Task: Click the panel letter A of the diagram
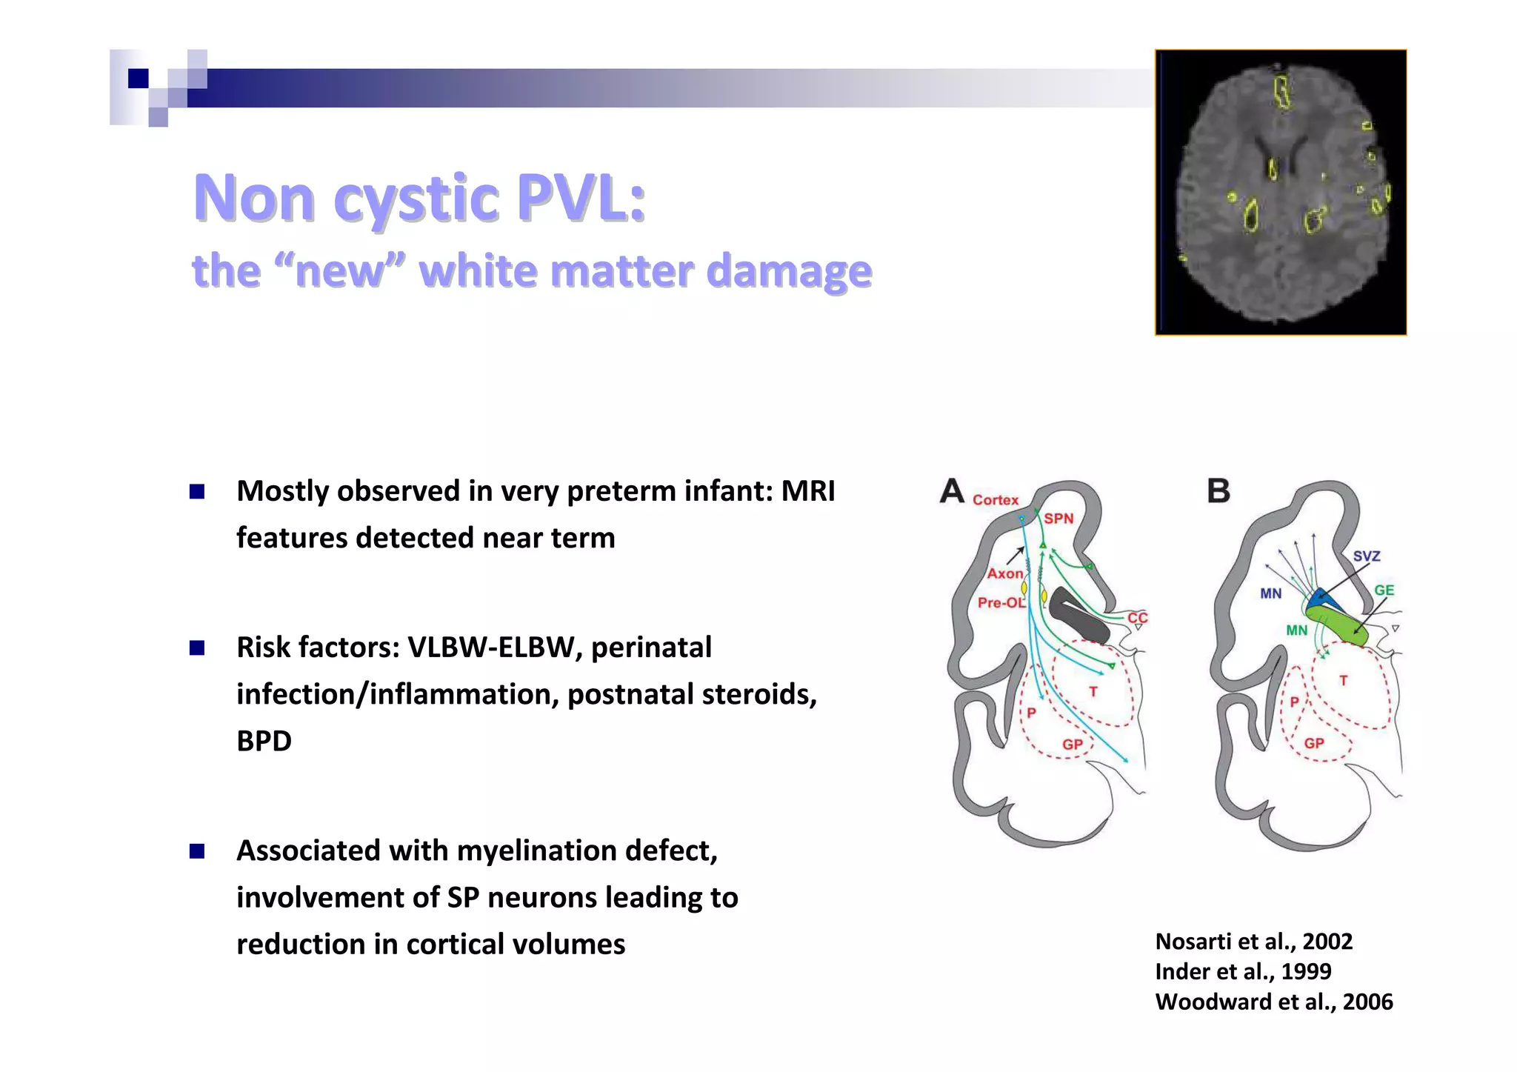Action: point(952,490)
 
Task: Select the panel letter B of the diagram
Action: point(1218,491)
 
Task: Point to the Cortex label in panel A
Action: point(996,500)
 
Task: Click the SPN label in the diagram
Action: point(1058,519)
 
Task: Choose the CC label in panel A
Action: point(1137,618)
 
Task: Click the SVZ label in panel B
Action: point(1367,556)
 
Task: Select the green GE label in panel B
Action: point(1384,590)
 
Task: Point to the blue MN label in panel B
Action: point(1270,593)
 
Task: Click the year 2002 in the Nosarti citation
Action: point(1327,942)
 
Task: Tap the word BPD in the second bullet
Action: point(264,741)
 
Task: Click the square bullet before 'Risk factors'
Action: point(197,648)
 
